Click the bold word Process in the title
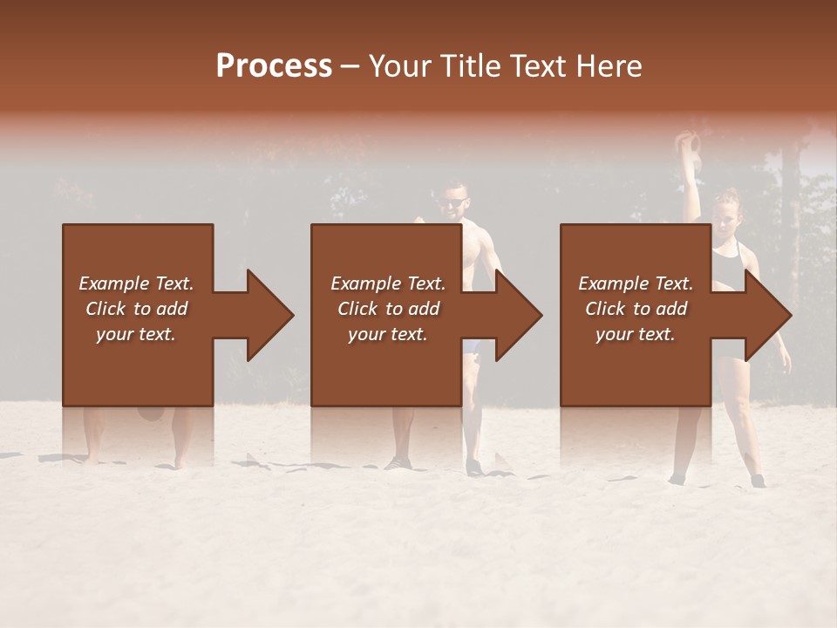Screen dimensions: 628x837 point(274,65)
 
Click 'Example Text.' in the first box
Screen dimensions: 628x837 point(136,283)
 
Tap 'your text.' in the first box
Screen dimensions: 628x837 point(136,334)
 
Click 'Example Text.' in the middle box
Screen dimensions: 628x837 point(388,283)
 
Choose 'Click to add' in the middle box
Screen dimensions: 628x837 point(388,309)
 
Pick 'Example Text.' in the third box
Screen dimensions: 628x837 point(636,283)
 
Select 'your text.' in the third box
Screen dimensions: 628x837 point(636,334)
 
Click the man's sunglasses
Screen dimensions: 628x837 point(452,203)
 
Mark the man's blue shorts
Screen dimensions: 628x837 point(472,346)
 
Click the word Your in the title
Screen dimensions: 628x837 point(397,65)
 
